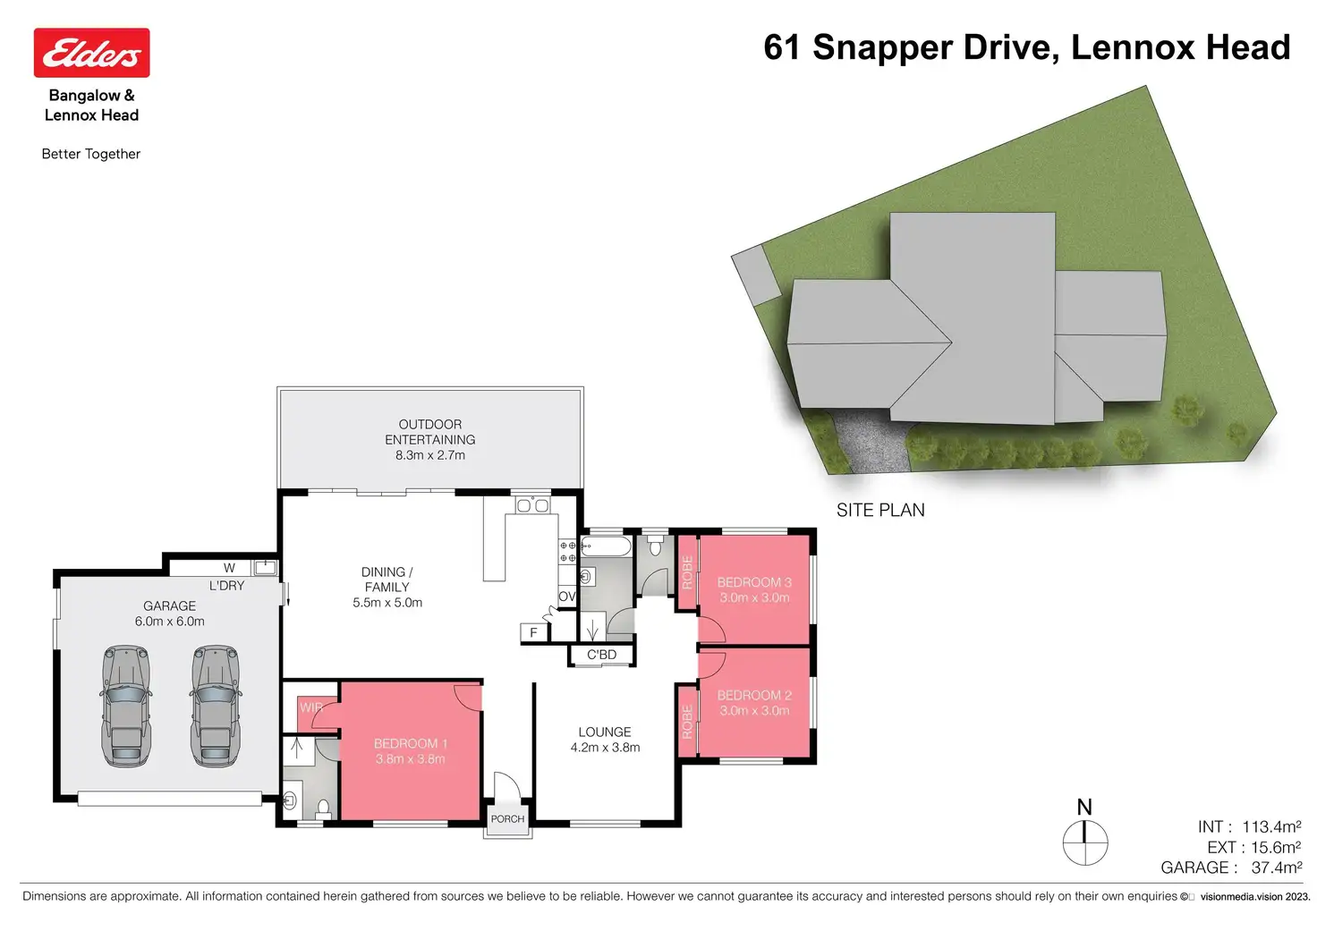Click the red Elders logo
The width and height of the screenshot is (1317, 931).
(92, 52)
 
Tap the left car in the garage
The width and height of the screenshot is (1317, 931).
(126, 706)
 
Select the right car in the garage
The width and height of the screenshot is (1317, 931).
(216, 706)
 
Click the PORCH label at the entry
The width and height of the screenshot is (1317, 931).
(507, 818)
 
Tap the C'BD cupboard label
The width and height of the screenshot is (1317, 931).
(601, 655)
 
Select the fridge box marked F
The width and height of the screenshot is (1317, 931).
(534, 632)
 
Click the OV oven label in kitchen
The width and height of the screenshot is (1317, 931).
(566, 597)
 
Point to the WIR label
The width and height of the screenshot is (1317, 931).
(311, 707)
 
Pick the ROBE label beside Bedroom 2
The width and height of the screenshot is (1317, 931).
(687, 722)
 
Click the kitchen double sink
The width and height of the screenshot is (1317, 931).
(532, 505)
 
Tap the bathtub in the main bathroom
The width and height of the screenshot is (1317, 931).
(606, 546)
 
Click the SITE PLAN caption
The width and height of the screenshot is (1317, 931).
(880, 510)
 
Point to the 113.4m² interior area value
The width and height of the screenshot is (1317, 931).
(1271, 827)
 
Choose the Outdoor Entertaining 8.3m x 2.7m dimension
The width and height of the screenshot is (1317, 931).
(429, 455)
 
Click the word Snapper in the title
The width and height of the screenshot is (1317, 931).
(882, 48)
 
